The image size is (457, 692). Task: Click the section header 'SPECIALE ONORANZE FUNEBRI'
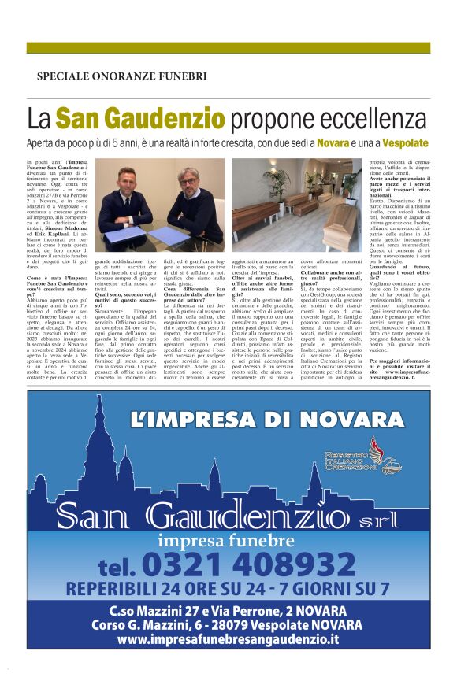(x=122, y=76)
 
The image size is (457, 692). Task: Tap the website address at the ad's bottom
(x=228, y=639)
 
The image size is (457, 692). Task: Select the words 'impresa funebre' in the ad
(x=225, y=541)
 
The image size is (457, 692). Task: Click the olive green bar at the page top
(x=228, y=48)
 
